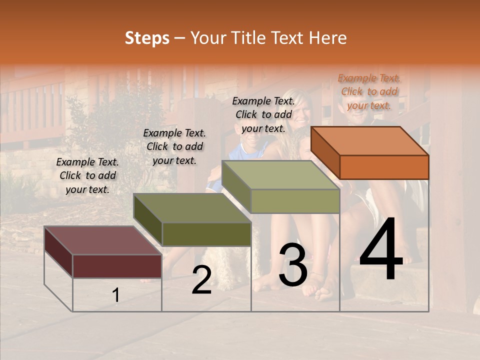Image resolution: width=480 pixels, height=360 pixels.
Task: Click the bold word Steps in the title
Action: click(147, 38)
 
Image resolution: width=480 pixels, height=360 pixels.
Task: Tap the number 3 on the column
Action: click(293, 264)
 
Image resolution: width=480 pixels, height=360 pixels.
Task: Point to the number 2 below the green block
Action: click(201, 280)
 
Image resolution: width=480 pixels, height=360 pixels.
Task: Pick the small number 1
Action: click(116, 295)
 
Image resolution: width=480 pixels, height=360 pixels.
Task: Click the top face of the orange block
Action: click(369, 140)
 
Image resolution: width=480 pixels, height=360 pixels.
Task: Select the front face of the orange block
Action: click(384, 167)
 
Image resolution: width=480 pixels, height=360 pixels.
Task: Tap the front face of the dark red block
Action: click(117, 265)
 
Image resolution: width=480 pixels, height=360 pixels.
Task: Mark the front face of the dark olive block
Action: click(206, 234)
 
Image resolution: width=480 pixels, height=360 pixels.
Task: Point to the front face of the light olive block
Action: click(295, 201)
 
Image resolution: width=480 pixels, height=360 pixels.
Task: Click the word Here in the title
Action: click(327, 38)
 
